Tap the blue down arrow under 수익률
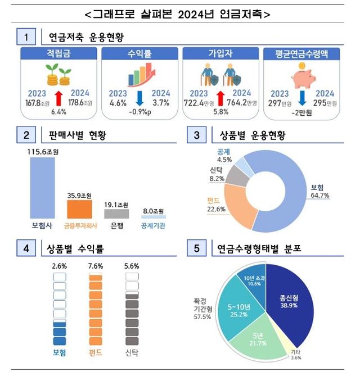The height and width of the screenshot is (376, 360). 140,96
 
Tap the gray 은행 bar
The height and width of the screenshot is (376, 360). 118,214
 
